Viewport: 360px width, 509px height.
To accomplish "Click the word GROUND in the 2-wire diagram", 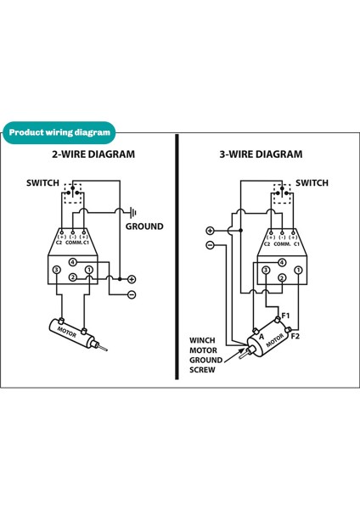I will (144, 227).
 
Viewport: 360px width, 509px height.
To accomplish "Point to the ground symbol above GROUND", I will (132, 211).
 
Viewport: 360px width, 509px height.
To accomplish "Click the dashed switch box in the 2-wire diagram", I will (74, 194).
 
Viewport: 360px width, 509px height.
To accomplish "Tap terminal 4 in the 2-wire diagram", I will (73, 262).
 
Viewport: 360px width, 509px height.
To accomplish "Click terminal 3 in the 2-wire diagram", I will (56, 271).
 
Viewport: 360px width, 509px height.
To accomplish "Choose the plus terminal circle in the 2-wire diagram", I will (132, 279).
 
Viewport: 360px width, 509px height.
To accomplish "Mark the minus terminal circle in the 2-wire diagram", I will (132, 294).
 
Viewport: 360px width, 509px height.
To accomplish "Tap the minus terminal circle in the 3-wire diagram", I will (210, 246).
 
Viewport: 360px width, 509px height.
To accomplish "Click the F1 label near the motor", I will (286, 316).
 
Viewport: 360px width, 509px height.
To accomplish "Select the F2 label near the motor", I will (295, 336).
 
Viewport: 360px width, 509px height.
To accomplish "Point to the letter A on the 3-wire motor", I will (260, 336).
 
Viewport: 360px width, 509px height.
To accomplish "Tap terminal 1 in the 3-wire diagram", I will (298, 271).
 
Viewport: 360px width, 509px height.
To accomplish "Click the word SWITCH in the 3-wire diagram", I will (312, 182).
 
